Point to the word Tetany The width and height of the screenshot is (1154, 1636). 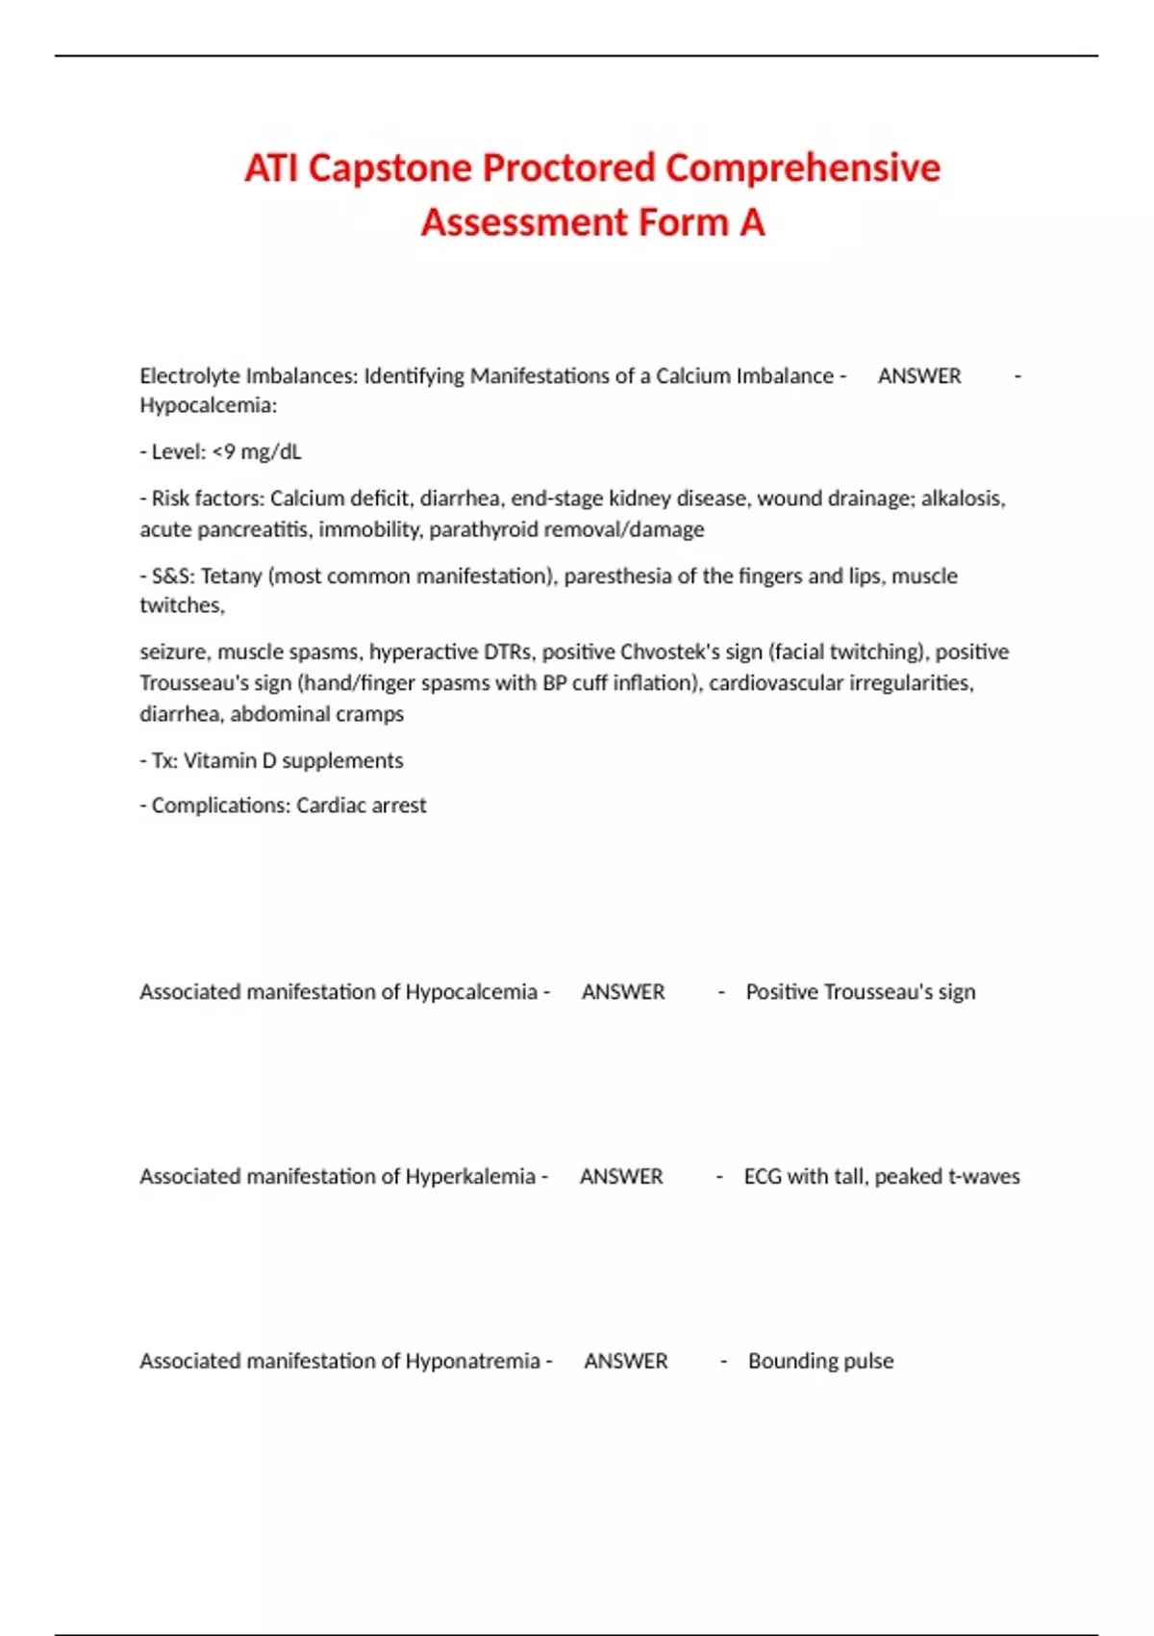click(x=231, y=575)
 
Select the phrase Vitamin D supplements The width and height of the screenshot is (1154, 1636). click(x=293, y=760)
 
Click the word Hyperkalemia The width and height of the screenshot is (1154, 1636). click(x=470, y=1176)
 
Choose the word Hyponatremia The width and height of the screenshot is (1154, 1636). click(x=472, y=1361)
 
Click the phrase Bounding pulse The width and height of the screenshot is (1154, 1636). click(x=820, y=1361)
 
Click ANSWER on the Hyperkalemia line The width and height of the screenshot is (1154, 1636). click(x=621, y=1176)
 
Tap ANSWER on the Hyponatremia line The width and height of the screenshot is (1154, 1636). click(x=626, y=1361)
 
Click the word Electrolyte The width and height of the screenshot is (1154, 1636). click(x=189, y=375)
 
